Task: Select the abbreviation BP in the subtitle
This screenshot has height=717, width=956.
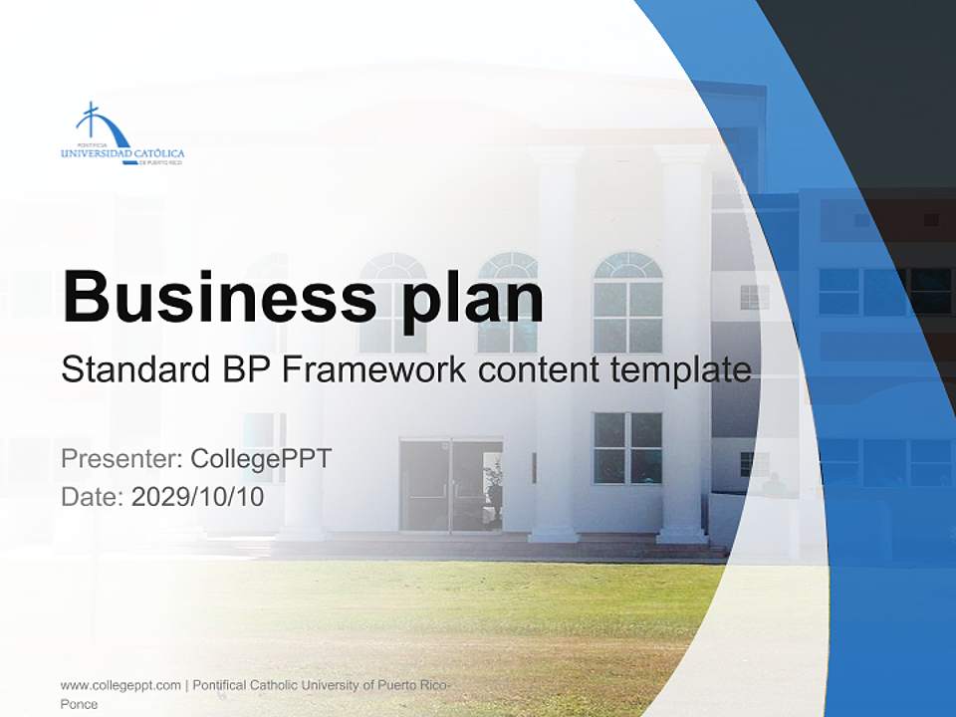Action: click(x=242, y=370)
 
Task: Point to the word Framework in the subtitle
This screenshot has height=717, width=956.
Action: click(x=374, y=370)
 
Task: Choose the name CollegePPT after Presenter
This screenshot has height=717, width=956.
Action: click(x=261, y=459)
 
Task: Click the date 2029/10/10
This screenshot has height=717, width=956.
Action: click(x=198, y=497)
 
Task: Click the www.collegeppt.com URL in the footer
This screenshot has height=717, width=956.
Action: click(x=120, y=685)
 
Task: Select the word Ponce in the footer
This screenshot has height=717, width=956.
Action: click(x=79, y=704)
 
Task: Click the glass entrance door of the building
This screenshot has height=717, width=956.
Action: click(x=450, y=486)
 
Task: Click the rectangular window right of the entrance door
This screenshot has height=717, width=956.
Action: click(x=627, y=448)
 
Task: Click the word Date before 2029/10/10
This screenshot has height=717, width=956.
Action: click(x=92, y=497)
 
